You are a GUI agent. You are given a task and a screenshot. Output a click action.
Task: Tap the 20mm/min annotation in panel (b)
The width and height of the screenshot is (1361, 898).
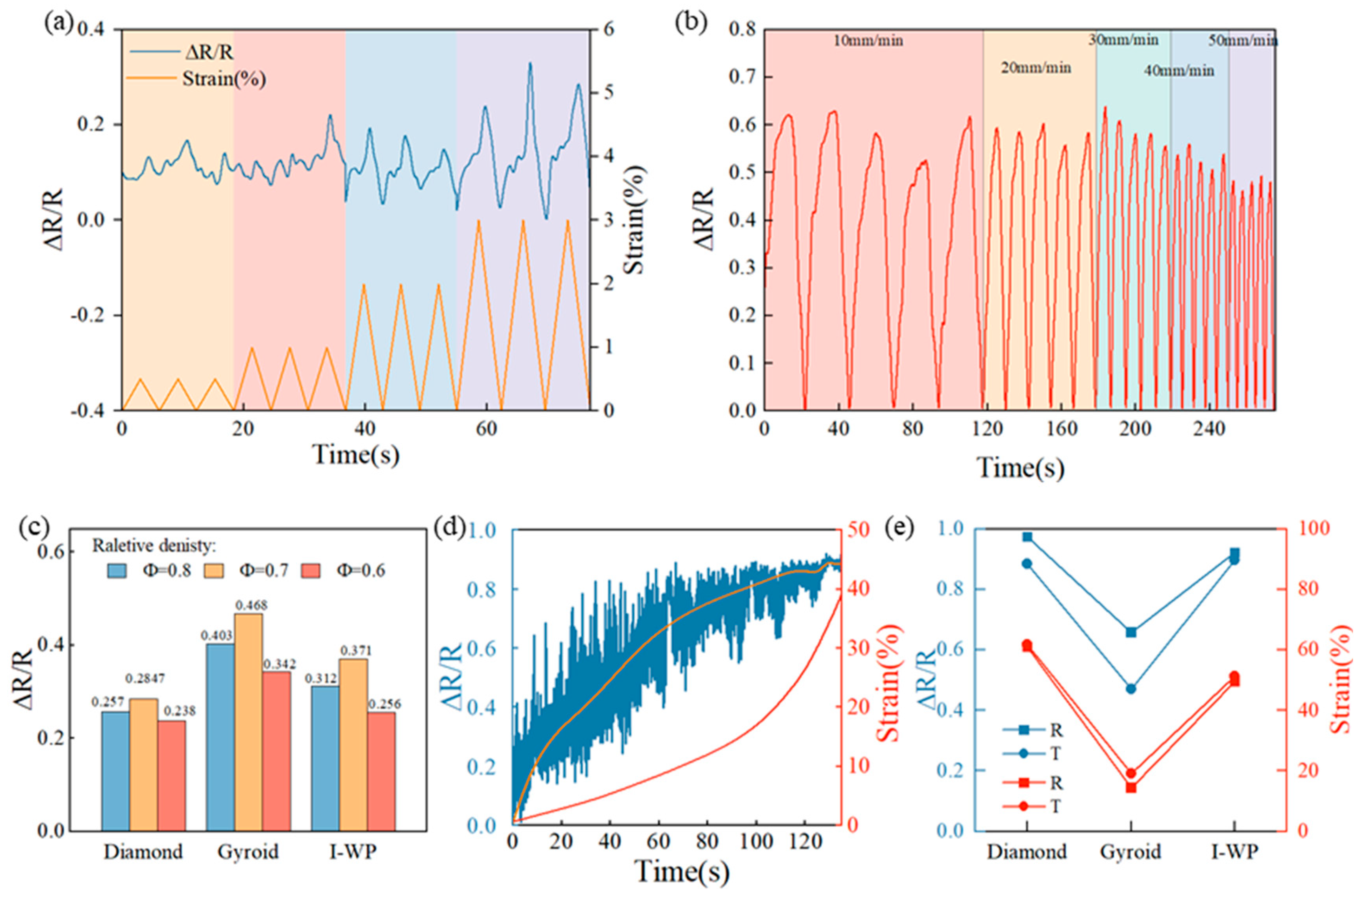tap(1036, 68)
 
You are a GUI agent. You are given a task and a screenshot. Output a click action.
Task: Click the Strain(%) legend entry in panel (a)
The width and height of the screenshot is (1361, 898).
tap(224, 78)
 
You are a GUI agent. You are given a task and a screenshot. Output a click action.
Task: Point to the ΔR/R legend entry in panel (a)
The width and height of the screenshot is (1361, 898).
tap(209, 53)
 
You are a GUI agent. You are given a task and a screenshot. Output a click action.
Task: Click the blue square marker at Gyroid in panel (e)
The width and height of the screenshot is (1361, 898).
tap(1131, 632)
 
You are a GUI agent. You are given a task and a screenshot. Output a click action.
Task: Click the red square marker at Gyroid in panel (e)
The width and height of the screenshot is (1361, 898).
tap(1131, 787)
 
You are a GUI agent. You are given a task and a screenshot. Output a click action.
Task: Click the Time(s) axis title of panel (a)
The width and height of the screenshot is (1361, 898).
tap(356, 455)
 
